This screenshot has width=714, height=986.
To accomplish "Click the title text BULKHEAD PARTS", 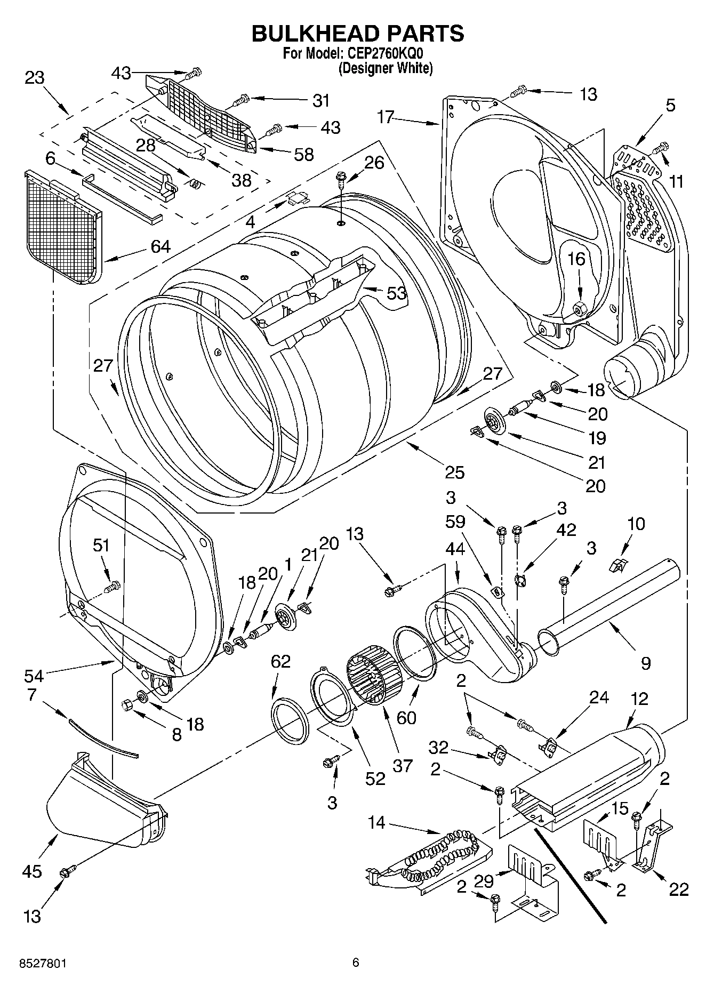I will (357, 33).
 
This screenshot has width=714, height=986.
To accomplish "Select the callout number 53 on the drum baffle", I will (396, 293).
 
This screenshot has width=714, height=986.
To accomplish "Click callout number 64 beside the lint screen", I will (160, 246).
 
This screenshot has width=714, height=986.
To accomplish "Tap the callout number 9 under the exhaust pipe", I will (646, 663).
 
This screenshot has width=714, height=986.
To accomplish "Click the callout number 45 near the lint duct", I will (32, 871).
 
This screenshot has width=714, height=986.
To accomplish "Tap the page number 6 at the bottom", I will (356, 963).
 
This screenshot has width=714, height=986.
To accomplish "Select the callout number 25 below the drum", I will (454, 471).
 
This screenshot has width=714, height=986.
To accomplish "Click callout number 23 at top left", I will (35, 78).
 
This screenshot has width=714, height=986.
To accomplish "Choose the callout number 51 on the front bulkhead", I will (101, 545).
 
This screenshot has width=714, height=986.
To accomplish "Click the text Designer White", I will (386, 68).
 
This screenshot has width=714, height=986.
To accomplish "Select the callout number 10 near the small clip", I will (636, 524).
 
